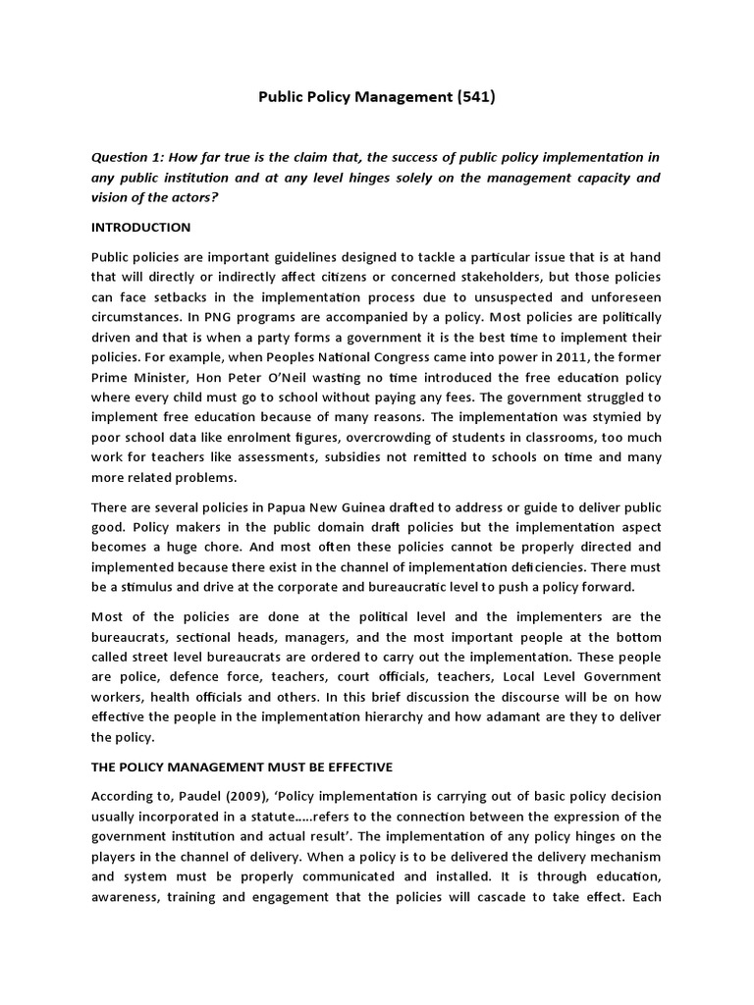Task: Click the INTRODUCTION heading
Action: coord(140,227)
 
